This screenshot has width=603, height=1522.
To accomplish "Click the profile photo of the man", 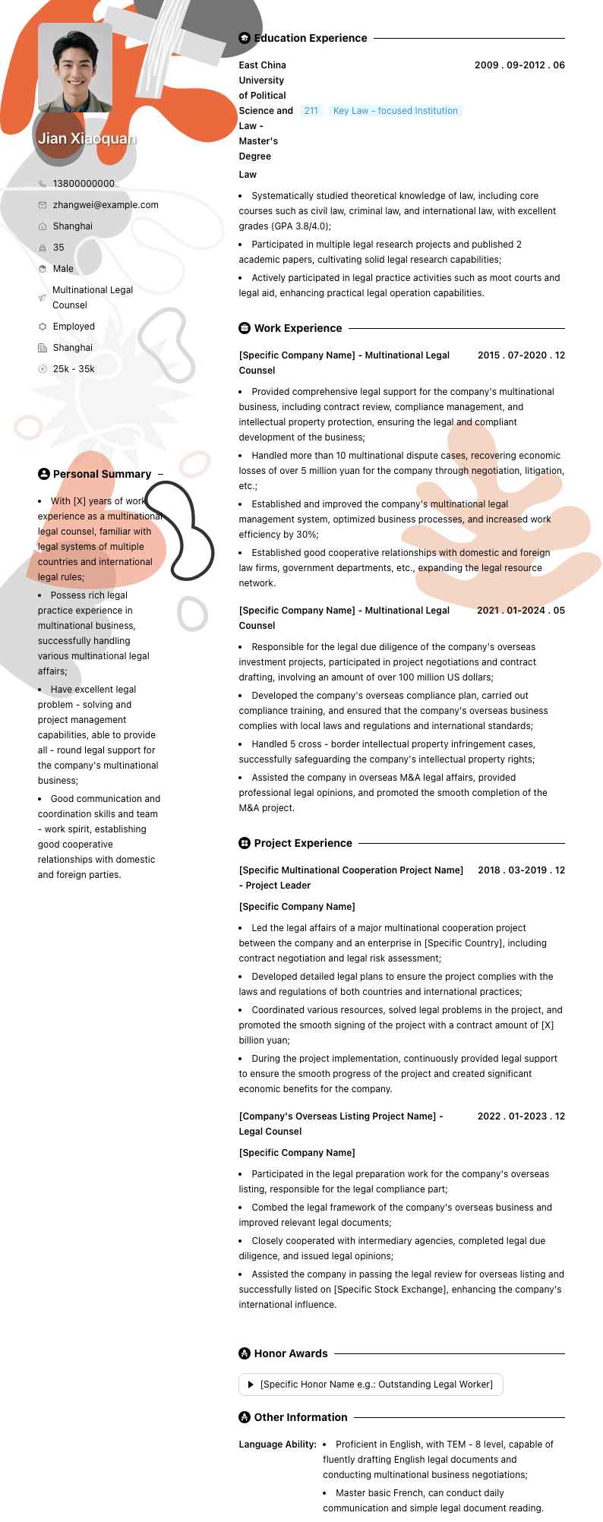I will point(75,68).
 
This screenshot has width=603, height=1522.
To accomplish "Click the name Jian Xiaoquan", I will point(87,138).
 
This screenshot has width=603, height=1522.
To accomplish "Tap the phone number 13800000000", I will point(84,184).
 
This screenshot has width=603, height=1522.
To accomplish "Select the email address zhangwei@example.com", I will point(106,205).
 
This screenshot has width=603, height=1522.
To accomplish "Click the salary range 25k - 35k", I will point(74,369).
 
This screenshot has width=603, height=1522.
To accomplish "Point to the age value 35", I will point(58,248).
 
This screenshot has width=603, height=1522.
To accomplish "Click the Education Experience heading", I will point(310,38).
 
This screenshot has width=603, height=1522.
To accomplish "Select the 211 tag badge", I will point(311,111).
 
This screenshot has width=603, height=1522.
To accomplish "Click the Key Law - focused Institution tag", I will point(395,111).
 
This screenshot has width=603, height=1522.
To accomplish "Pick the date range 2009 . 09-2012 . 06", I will point(519,65).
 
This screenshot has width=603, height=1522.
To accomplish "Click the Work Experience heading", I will point(298,328).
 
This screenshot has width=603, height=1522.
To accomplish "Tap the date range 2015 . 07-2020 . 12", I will point(521,355).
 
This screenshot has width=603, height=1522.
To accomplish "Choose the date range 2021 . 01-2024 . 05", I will point(521,611).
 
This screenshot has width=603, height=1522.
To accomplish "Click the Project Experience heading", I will point(303,843).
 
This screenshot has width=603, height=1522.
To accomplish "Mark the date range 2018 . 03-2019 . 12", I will point(521,870).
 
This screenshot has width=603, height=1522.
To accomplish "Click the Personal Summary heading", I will point(102,474).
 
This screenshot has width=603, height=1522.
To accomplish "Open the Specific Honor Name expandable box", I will point(371,1385).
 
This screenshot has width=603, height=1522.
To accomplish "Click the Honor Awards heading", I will point(291,1353).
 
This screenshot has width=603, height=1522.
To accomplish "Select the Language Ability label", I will point(278,1445).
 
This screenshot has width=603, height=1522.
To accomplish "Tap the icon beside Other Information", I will point(245,1417).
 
